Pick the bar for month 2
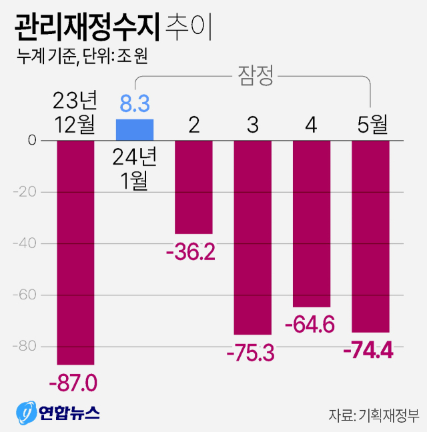tap(193, 187)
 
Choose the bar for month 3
tap(252, 237)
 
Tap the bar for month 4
tap(311, 223)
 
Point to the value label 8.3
tap(134, 103)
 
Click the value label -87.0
tap(73, 383)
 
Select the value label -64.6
tap(310, 325)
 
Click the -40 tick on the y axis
tap(27, 244)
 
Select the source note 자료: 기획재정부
tap(373, 415)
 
